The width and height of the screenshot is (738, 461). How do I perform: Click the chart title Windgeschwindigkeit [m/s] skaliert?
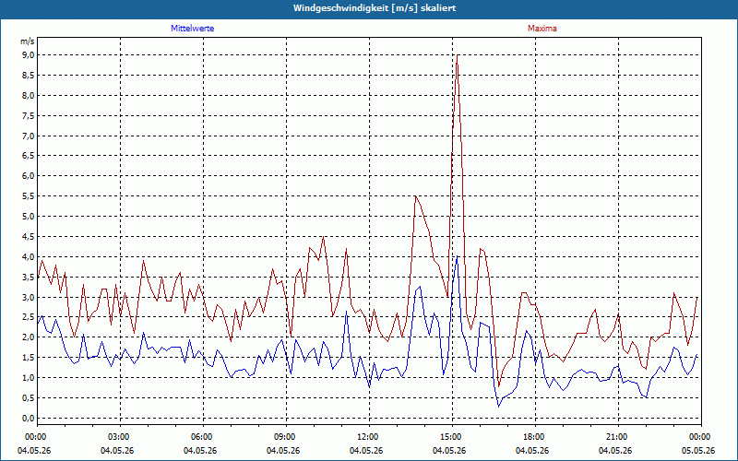point(375,8)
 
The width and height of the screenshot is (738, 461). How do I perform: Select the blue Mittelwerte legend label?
point(193,29)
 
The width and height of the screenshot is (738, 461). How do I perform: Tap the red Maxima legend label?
point(542,29)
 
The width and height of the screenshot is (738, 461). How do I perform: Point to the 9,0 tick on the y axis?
point(28,55)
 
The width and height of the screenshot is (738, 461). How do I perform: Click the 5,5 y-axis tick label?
point(28,196)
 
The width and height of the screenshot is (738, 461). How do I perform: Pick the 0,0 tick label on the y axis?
point(28,419)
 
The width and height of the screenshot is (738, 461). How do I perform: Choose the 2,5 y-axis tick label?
point(28,317)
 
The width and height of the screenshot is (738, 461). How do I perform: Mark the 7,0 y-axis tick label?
point(28,136)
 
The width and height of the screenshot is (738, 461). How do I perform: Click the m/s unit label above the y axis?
point(28,41)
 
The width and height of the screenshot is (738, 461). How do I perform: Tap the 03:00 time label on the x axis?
point(121,437)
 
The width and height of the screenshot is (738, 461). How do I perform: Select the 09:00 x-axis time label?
point(286,437)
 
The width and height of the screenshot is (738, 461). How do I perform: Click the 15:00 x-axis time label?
point(452,437)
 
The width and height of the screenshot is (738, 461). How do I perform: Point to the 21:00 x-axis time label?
point(618,437)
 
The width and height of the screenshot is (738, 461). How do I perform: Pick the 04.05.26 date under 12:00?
point(365,451)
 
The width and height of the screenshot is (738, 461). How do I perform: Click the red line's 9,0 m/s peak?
point(457,55)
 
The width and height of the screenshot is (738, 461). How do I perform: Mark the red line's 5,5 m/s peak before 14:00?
point(416,196)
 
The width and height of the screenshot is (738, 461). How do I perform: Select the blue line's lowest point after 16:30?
point(498,407)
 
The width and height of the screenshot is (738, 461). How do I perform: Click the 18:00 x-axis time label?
point(535,437)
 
